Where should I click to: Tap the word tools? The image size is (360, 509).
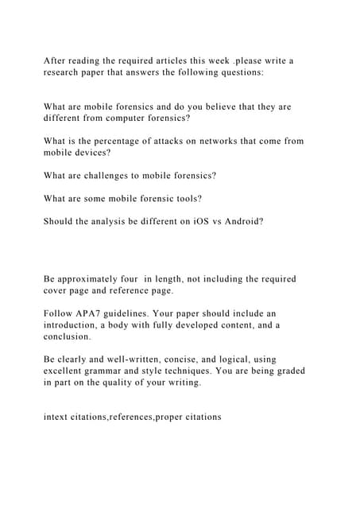(188, 198)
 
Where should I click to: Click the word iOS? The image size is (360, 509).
(195, 221)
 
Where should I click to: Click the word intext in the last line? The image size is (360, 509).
(58, 416)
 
